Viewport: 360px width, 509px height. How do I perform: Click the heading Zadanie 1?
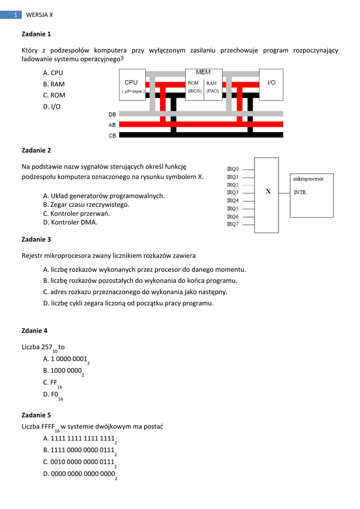36,34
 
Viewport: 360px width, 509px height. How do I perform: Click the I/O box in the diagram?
271,83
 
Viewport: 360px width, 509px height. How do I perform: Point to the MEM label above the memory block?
203,73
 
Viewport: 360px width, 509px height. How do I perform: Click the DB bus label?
112,114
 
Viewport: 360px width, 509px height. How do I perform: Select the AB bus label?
112,125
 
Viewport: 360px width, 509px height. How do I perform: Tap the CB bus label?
112,135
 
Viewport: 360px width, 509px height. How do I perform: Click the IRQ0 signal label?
233,169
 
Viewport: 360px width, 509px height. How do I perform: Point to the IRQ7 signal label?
233,224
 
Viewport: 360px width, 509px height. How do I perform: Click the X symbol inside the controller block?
268,191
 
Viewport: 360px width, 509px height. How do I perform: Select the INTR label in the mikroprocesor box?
300,192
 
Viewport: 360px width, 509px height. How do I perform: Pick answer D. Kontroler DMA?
70,222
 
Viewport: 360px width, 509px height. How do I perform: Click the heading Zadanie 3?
36,239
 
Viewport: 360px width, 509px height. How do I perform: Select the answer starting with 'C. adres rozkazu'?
135,292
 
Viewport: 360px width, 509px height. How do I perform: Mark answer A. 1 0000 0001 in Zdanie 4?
66,359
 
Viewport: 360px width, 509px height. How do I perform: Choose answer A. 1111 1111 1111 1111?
80,438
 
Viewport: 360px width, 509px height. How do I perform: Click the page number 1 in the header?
16,15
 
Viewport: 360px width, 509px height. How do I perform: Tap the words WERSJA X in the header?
39,15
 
